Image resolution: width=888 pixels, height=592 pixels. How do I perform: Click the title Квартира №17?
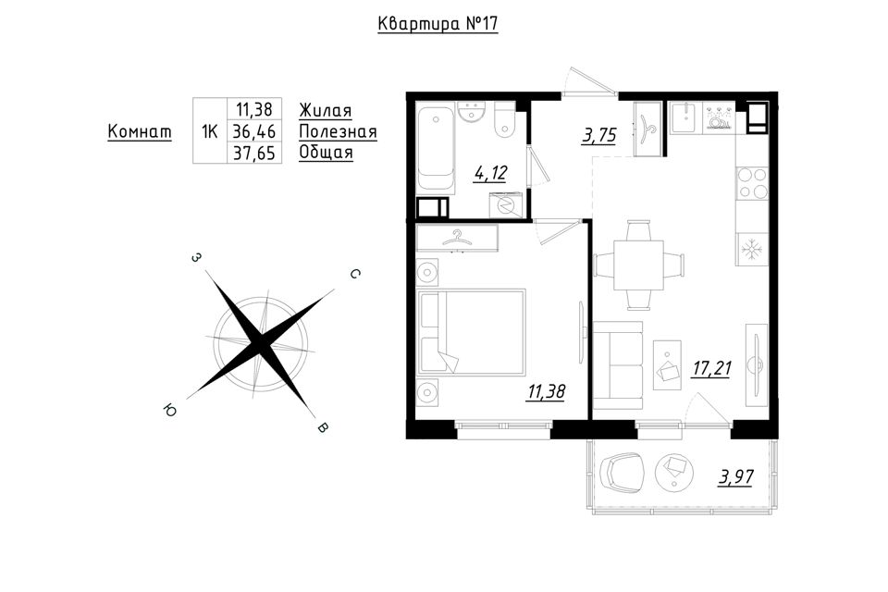(x=438, y=24)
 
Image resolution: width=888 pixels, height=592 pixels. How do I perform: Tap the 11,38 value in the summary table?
(x=254, y=108)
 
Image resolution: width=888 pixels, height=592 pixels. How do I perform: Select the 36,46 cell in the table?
(x=254, y=131)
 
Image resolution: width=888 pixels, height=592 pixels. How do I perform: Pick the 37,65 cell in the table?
(x=254, y=153)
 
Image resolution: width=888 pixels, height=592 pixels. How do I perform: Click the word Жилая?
(x=325, y=110)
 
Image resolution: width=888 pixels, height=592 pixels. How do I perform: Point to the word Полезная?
(x=338, y=132)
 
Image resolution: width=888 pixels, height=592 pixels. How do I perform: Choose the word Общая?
(x=326, y=153)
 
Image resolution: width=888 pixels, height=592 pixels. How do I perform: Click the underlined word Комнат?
(x=140, y=131)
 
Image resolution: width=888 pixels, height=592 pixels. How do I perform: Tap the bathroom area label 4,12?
(x=490, y=173)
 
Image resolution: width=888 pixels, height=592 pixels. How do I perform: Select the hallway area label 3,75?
(x=599, y=136)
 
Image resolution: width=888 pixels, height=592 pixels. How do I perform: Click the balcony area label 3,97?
(x=736, y=477)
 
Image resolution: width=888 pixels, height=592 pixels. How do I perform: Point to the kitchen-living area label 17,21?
(x=711, y=369)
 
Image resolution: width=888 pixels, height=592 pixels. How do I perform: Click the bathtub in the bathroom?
(x=436, y=147)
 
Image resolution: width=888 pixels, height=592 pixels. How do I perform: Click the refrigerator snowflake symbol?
(x=751, y=248)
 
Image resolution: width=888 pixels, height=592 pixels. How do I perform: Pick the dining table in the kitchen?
(x=639, y=265)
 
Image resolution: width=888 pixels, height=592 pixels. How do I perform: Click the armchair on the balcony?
(x=623, y=473)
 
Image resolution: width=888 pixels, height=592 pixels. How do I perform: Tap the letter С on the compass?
(x=354, y=274)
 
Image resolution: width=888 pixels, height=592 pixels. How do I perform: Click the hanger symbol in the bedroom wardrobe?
(x=457, y=239)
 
